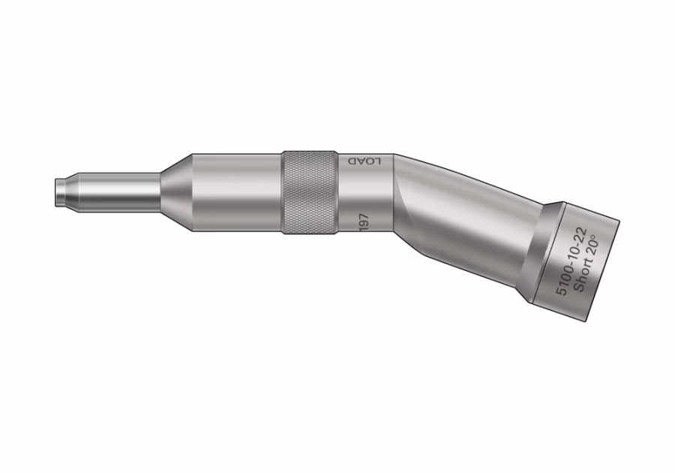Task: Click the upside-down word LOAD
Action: tap(365, 161)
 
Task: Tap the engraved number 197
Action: tap(364, 222)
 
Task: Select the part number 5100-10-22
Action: tap(571, 262)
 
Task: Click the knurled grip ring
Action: tap(310, 192)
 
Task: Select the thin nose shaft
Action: tap(117, 192)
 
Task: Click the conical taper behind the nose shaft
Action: tap(176, 192)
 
